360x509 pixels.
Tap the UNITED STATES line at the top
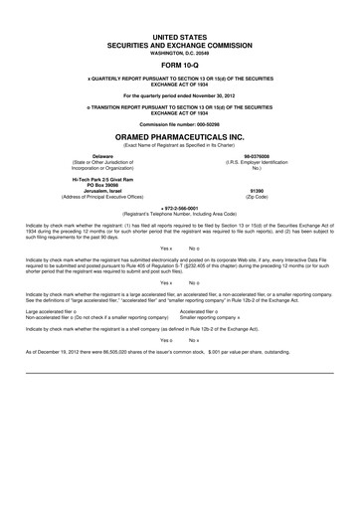tap(179, 34)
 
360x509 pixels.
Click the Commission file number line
tap(179, 123)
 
